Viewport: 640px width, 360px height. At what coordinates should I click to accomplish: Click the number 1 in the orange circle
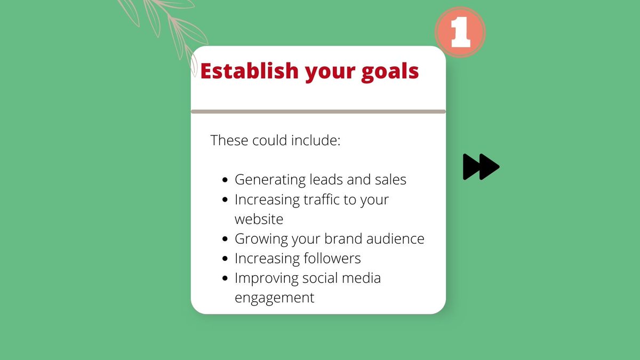(x=460, y=33)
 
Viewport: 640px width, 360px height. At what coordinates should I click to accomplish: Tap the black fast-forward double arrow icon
(x=481, y=166)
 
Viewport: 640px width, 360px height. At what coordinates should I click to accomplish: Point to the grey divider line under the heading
(x=318, y=111)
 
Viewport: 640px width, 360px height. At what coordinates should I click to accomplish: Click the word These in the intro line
(x=228, y=141)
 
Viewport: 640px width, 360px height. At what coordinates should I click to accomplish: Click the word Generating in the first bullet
(x=269, y=180)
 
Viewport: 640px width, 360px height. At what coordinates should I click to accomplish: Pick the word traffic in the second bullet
(x=327, y=199)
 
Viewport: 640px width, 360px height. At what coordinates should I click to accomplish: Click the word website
(x=259, y=219)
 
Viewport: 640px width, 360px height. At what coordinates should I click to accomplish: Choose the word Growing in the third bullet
(x=261, y=239)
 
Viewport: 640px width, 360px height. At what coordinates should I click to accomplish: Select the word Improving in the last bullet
(x=266, y=278)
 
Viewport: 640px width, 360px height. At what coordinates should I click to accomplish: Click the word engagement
(x=274, y=298)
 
